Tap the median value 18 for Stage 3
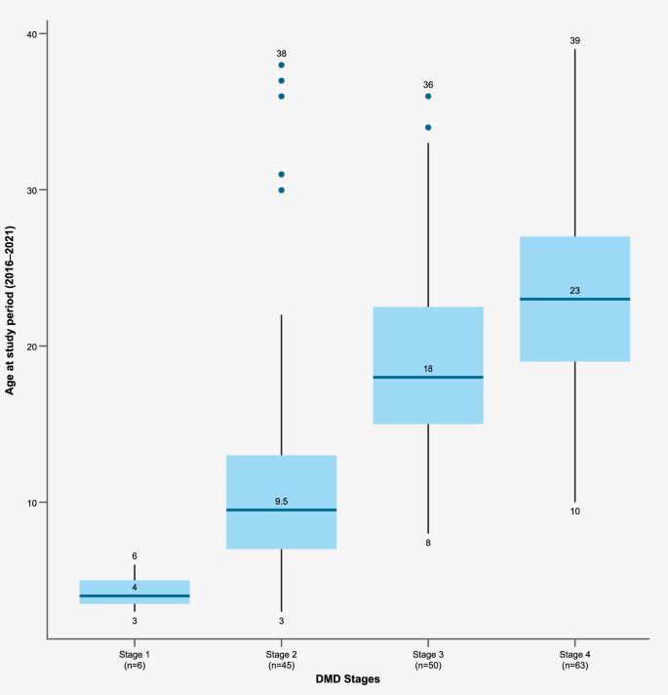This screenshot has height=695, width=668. coord(428,368)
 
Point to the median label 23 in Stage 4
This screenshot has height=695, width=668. coord(575,290)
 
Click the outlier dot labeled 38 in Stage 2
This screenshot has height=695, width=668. coord(282,65)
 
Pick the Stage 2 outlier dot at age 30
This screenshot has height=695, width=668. coord(282,190)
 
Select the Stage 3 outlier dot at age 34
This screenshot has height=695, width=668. coord(428,128)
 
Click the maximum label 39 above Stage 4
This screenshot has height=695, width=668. coord(575,40)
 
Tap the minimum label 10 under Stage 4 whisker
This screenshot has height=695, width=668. coord(575,511)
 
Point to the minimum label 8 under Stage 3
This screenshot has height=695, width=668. coord(428,543)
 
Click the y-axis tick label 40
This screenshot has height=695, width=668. coord(31,35)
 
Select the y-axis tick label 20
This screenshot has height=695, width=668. coord(31,347)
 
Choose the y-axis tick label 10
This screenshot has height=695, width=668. coord(31,503)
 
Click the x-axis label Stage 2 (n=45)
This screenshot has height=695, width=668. coord(282,659)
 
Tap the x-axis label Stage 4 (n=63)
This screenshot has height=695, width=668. coord(575,659)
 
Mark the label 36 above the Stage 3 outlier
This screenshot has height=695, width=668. coord(428,85)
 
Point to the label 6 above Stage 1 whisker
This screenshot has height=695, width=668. coord(135,556)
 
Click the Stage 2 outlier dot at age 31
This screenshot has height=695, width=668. coord(282,175)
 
